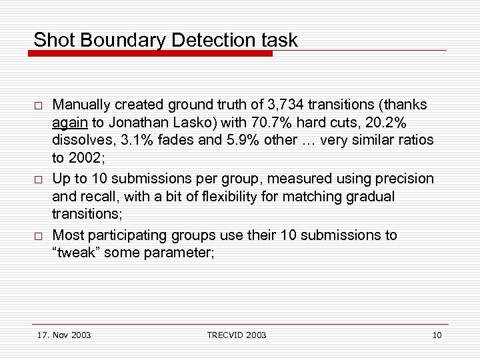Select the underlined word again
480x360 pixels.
pos(69,123)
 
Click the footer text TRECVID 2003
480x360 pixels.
pos(236,335)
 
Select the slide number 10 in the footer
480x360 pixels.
pos(437,335)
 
